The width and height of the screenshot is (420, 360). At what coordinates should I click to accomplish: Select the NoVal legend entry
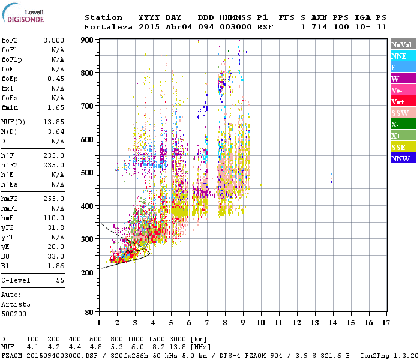403,44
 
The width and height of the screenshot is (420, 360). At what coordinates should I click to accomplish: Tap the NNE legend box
403,56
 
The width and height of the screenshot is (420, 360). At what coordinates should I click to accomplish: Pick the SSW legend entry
403,113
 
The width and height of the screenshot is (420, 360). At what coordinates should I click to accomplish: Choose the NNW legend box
403,158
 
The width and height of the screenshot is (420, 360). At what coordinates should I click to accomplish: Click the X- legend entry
403,124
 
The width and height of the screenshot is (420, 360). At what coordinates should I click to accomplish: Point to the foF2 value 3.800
53,40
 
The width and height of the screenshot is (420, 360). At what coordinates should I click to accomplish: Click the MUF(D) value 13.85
53,122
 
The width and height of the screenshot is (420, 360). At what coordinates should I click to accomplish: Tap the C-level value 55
59,280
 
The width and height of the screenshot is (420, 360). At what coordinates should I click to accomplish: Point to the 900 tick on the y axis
88,40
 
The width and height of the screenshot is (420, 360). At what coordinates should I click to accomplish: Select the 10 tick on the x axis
261,323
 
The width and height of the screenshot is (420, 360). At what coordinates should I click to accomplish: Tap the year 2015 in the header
148,27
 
